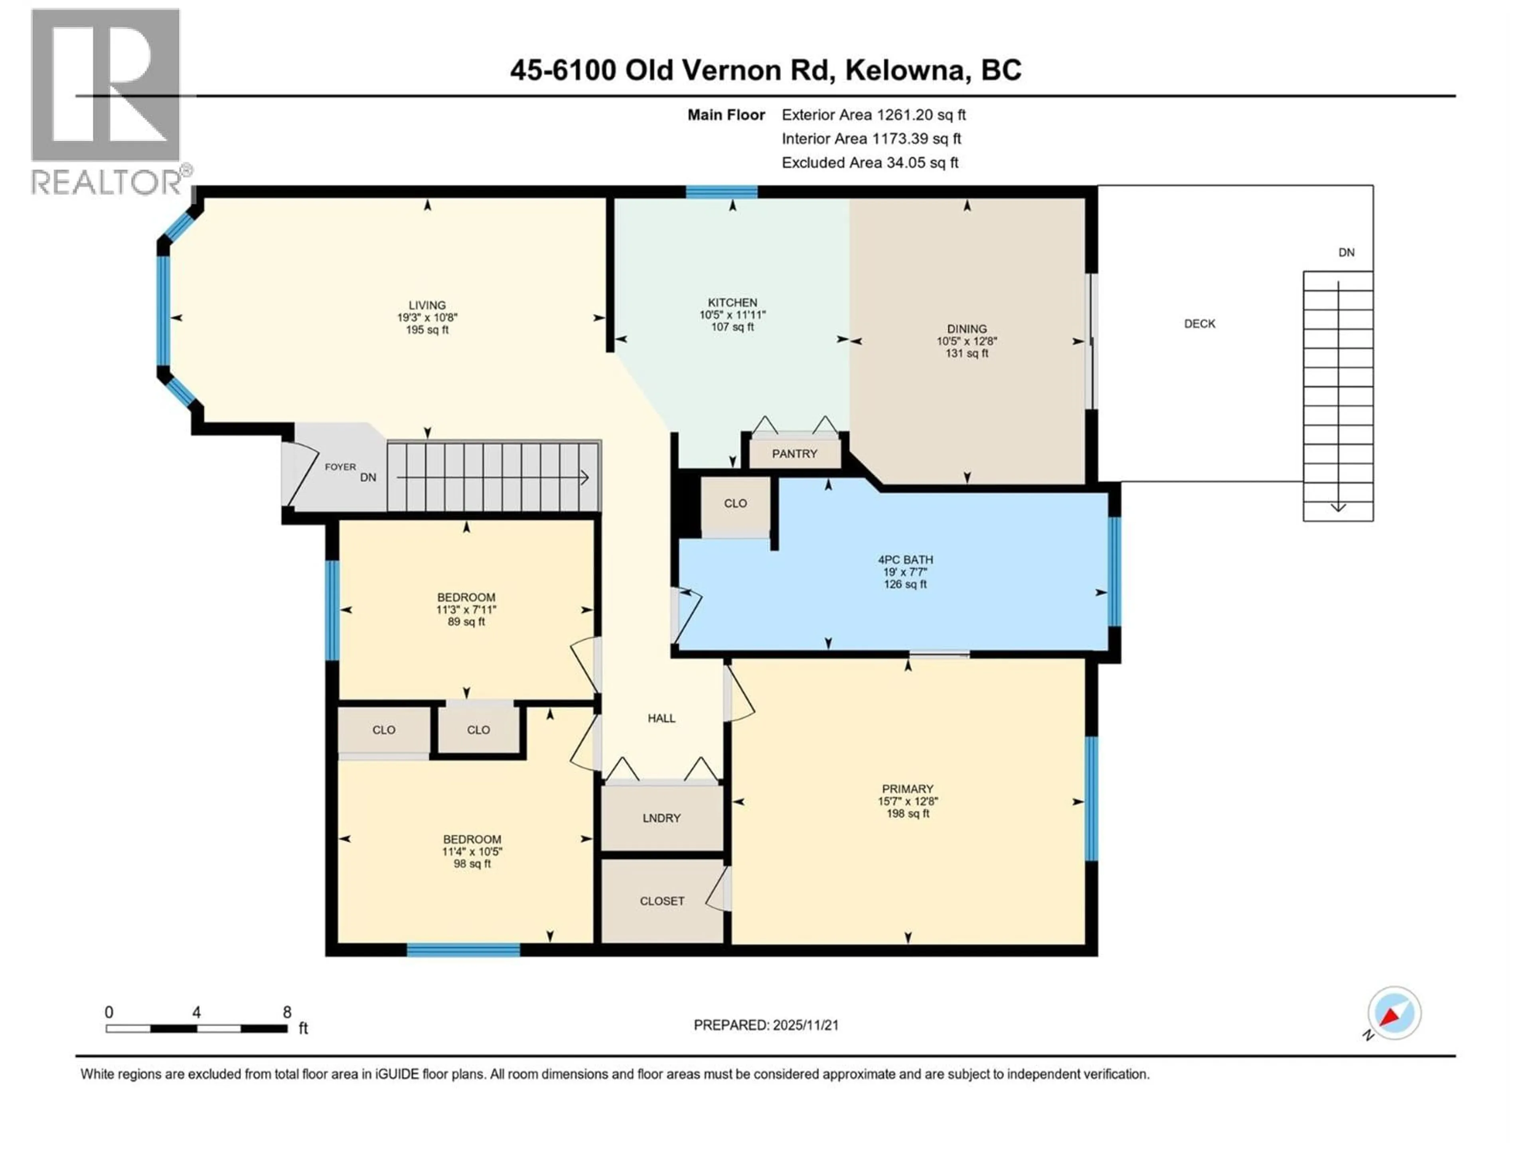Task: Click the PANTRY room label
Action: (x=794, y=454)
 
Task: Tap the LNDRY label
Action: (x=661, y=818)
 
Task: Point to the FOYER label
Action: (x=340, y=467)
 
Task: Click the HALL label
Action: (x=661, y=718)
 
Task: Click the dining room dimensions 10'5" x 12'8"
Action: (x=967, y=341)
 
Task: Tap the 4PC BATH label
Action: (x=905, y=560)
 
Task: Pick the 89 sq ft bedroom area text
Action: (x=466, y=622)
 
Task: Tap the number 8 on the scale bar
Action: (x=287, y=1013)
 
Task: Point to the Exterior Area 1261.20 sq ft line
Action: (x=873, y=115)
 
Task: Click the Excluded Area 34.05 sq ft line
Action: (x=870, y=163)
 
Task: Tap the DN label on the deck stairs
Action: (x=1346, y=253)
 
